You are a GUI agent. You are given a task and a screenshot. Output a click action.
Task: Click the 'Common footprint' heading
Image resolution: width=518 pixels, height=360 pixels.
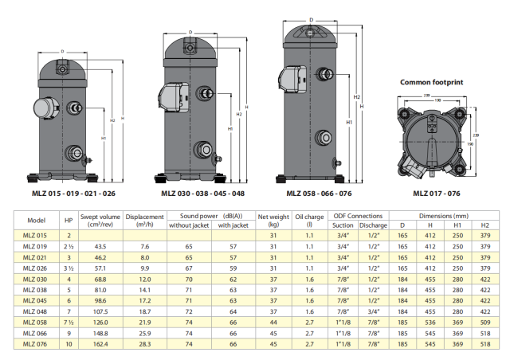[x=431, y=82]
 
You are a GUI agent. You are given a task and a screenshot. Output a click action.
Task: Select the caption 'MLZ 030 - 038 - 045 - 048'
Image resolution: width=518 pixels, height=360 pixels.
[x=203, y=194]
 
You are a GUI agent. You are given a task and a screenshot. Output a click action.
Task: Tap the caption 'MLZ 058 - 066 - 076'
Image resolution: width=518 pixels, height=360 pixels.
[x=319, y=194]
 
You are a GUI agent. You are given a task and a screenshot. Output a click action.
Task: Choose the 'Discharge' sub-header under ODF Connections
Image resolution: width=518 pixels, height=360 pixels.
[x=373, y=225]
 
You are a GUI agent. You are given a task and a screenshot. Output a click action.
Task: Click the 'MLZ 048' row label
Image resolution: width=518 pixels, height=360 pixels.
[x=35, y=311]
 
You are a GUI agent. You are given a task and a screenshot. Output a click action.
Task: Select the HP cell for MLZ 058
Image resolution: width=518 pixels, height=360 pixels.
[x=69, y=323]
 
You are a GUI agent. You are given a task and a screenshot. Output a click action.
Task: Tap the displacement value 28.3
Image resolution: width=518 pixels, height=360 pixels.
[x=145, y=344]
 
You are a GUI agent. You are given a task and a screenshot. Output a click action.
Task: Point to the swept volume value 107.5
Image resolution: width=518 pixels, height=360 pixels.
[x=100, y=311]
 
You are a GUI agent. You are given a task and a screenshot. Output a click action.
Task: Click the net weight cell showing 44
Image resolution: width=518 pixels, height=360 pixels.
[x=273, y=323]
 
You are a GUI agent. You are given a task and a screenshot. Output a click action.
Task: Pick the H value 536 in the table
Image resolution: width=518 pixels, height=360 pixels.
[x=430, y=323]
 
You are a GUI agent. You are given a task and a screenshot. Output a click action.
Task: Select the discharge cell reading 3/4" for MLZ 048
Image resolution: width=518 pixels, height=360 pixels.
[x=374, y=311]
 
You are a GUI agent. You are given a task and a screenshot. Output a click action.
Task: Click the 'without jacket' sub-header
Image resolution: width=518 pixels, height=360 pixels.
[x=189, y=225]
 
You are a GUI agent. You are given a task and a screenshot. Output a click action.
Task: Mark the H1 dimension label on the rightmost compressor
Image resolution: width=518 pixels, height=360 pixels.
[x=349, y=122]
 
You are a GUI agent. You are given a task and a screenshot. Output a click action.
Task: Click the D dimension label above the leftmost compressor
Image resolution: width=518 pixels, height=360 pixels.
[x=62, y=52]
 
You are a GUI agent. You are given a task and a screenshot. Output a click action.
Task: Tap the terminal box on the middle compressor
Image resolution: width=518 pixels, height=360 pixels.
[x=173, y=96]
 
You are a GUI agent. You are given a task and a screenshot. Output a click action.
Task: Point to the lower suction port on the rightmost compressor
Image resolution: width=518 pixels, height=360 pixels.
[x=323, y=138]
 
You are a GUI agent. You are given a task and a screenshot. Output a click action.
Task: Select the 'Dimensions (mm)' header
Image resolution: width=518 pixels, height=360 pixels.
[x=444, y=216]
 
